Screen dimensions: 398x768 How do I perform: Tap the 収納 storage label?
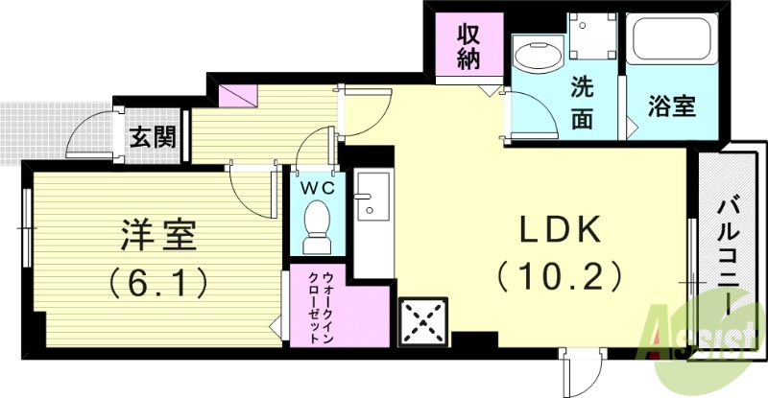468,45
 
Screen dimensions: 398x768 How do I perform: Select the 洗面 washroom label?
583,102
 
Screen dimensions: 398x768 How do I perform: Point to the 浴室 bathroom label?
671,106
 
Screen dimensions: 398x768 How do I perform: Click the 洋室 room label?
158,234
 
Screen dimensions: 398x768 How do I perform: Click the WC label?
315,188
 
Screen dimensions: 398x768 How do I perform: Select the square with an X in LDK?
423,321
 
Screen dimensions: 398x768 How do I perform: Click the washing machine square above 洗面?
591,35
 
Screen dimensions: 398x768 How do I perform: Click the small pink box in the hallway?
238,96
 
